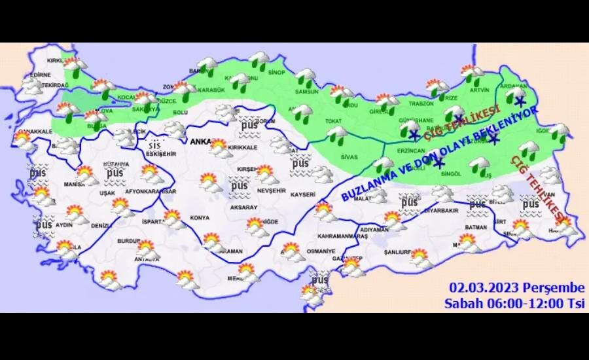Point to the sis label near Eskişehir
154,145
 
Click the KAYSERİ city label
303,194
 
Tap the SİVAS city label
349,157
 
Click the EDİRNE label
40,75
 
